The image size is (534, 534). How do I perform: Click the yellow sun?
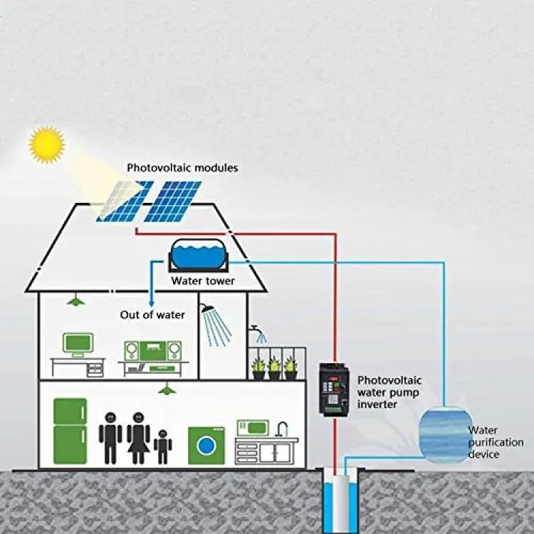coord(47,145)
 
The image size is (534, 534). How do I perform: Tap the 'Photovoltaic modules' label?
coord(182,168)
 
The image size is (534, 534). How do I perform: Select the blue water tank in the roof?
coord(198,254)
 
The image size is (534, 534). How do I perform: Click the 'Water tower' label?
coord(203,281)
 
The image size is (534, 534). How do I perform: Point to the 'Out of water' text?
coord(152,315)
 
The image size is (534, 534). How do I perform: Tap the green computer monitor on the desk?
coord(78,343)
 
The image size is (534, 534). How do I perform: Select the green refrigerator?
coord(70,431)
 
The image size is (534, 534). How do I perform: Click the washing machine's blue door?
coord(206,445)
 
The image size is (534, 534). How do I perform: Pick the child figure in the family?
coord(162,446)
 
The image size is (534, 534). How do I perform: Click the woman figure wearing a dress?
coord(138,438)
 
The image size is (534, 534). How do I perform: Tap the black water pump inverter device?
coord(334,389)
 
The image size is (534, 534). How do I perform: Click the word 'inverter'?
coord(377,404)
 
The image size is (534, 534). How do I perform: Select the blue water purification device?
coord(446,434)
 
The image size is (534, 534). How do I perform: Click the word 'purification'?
coord(496,443)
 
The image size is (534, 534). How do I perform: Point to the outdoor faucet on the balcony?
coord(255,330)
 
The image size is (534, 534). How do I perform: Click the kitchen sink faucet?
coord(282,429)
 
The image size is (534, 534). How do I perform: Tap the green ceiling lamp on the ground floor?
coord(167,389)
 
